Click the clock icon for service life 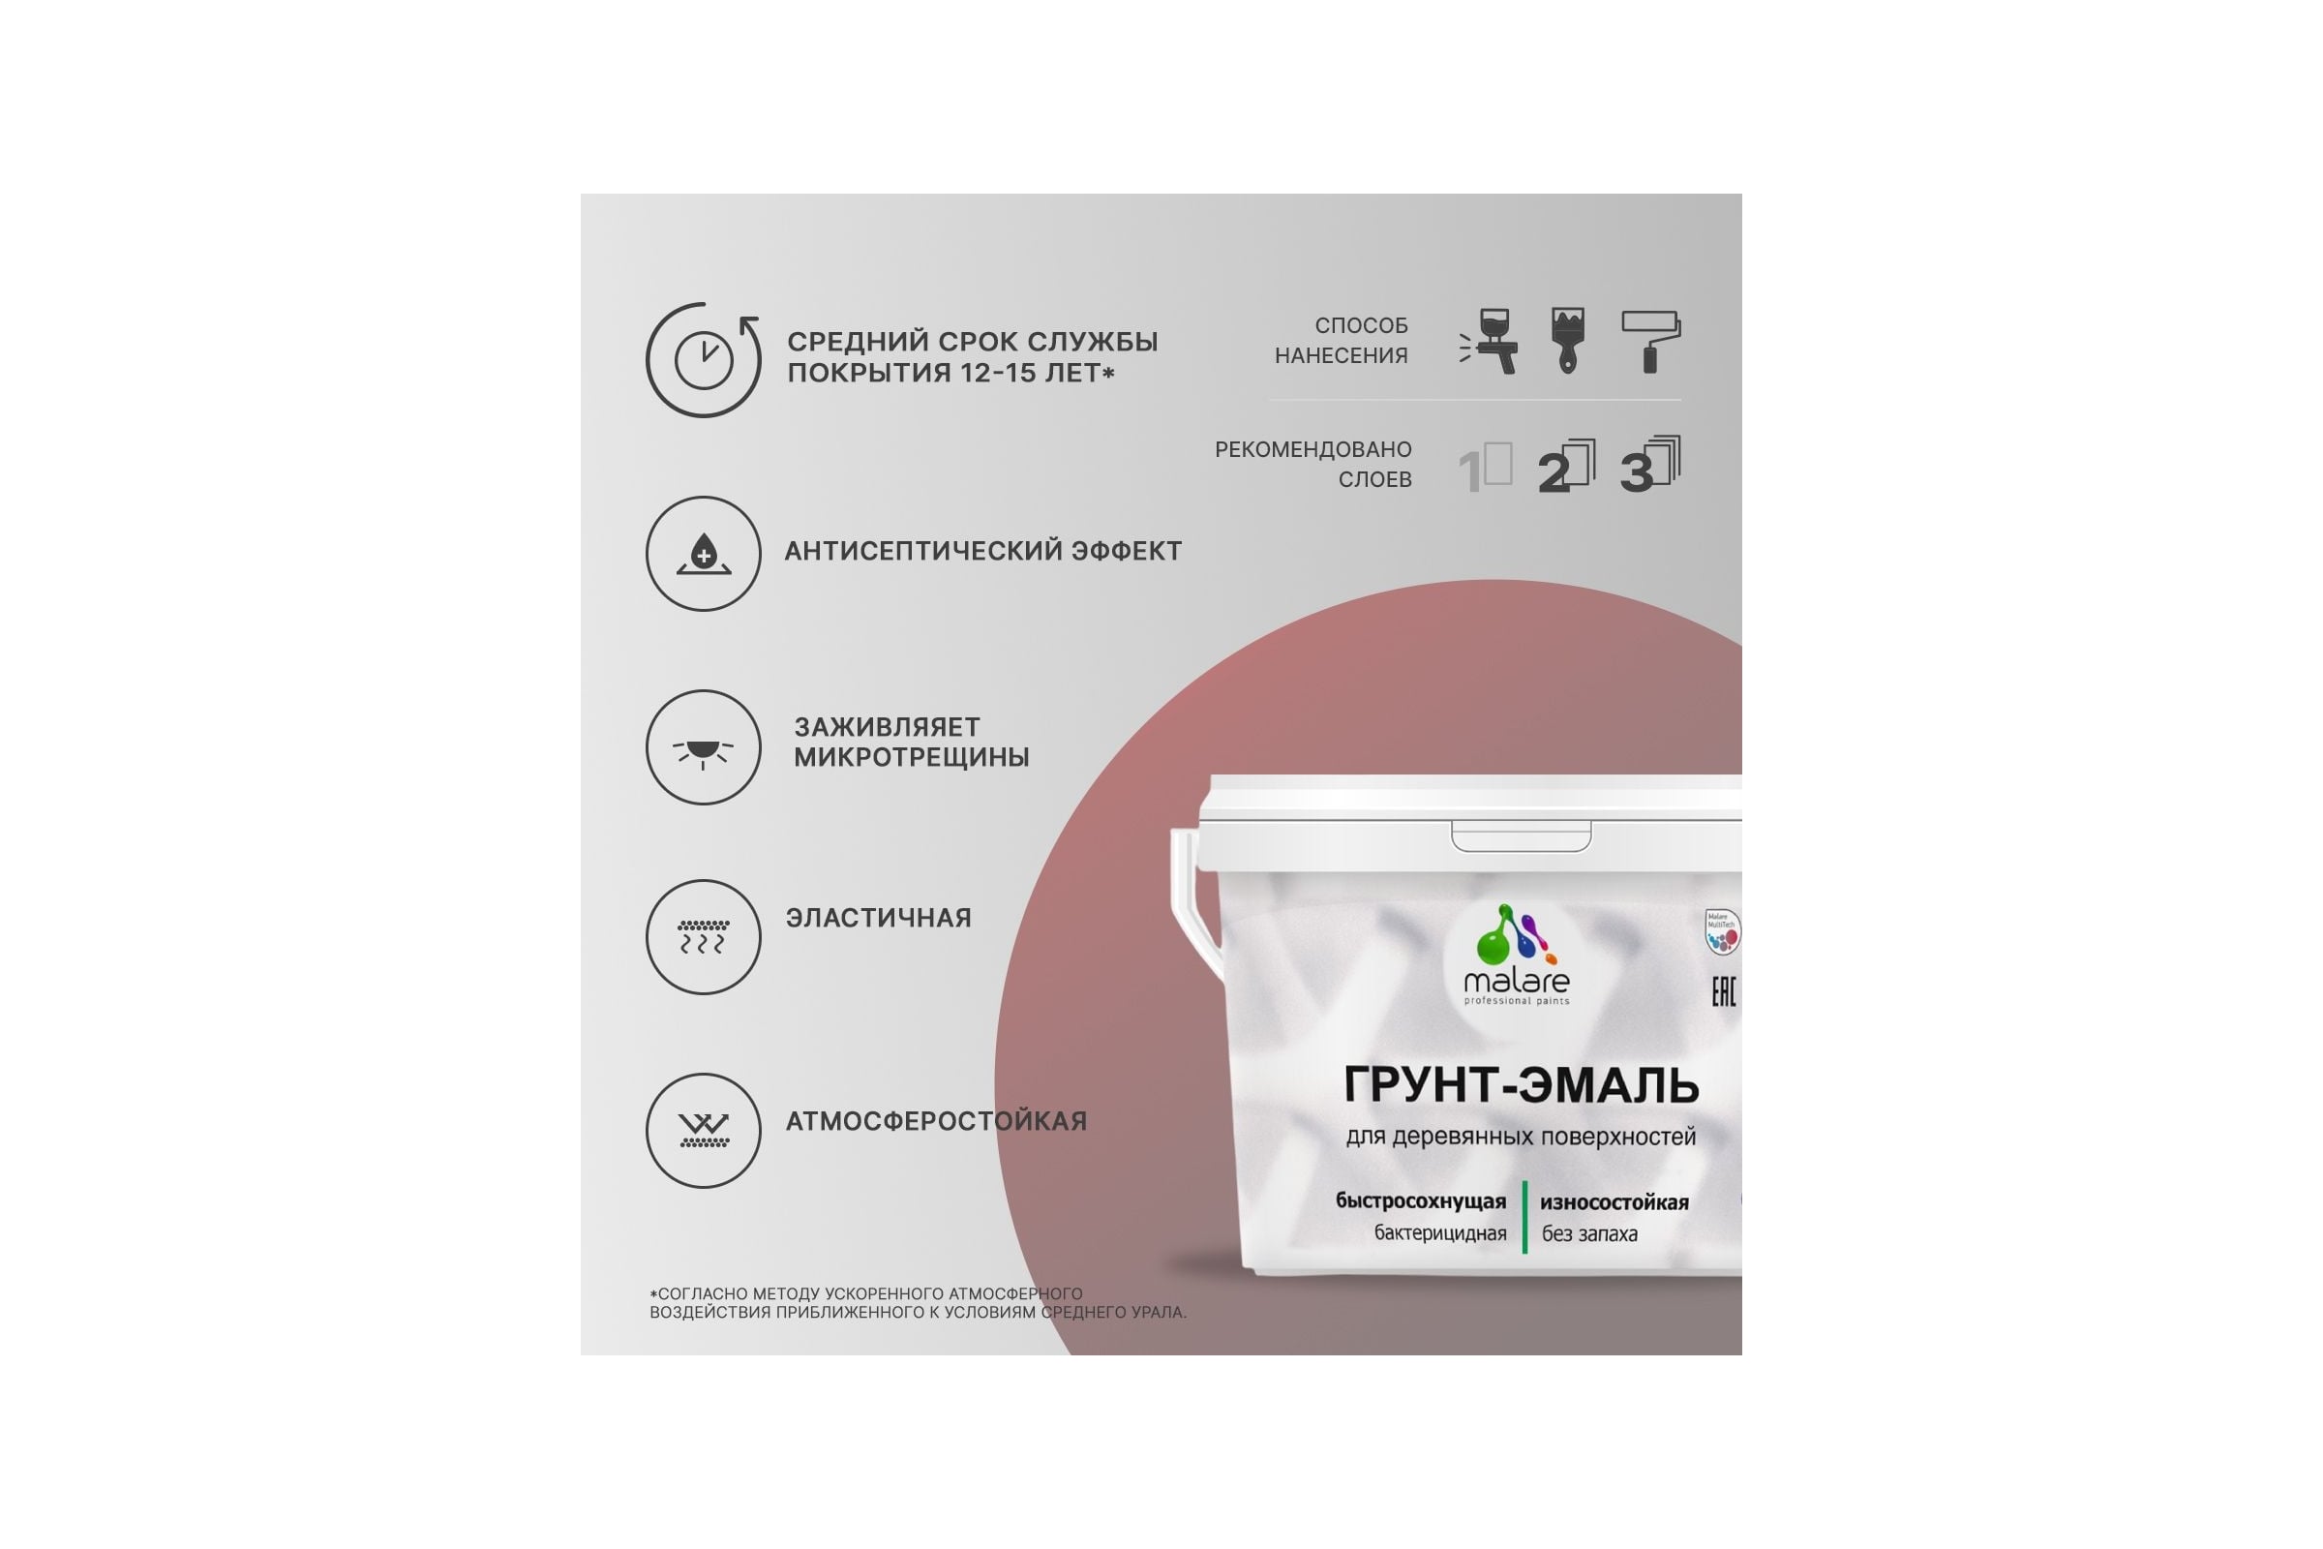point(704,359)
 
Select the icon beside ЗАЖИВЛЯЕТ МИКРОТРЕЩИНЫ point(704,746)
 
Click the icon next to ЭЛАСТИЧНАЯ point(704,936)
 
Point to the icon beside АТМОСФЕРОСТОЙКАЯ point(704,1130)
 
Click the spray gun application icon point(1489,342)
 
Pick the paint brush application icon point(1568,341)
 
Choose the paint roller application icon point(1650,342)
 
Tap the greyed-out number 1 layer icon point(1486,469)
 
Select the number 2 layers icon point(1566,467)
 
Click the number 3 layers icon point(1650,465)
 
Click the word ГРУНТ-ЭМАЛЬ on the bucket point(1521,1084)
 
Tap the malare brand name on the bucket point(1516,981)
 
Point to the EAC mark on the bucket point(1724,991)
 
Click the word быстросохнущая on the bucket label point(1420,1201)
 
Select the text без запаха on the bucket point(1589,1233)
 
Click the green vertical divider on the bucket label point(1525,1217)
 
